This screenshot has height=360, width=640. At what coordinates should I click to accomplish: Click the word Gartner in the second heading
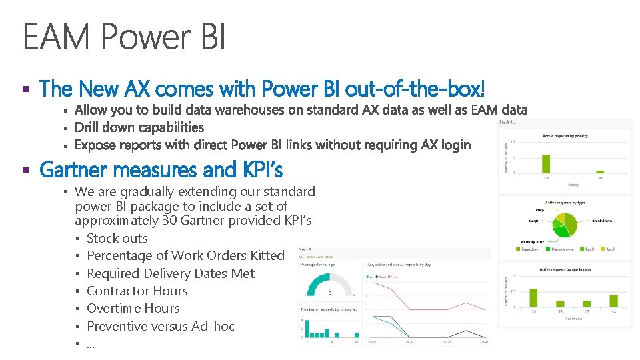tap(76, 171)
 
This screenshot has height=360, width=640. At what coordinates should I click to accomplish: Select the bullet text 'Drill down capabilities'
tap(139, 127)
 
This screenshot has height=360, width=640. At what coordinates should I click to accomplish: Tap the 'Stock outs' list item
tap(117, 238)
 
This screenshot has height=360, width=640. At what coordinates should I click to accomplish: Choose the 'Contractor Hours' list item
tap(137, 291)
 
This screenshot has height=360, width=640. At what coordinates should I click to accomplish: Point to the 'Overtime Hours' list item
tap(133, 308)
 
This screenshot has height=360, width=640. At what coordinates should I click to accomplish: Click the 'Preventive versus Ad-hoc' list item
tap(161, 326)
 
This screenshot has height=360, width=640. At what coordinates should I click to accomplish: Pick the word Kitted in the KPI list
tap(267, 255)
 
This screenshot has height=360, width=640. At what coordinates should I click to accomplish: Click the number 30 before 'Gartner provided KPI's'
tap(169, 221)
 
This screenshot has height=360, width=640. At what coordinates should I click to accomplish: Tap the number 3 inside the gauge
tap(329, 292)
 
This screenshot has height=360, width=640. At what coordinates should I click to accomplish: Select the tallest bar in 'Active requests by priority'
tap(546, 164)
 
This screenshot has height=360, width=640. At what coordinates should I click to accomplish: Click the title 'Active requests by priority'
tap(564, 136)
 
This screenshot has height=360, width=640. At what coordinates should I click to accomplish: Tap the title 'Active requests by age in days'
tap(564, 270)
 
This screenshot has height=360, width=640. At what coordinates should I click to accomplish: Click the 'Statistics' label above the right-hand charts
tap(507, 122)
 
